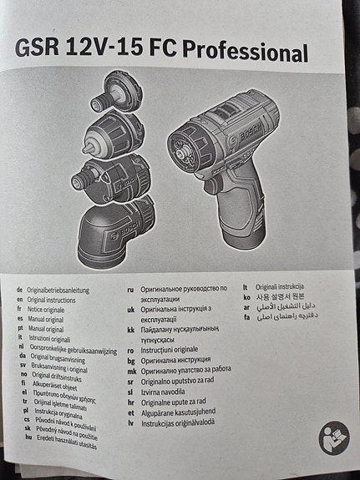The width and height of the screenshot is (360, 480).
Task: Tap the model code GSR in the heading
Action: pos(42,49)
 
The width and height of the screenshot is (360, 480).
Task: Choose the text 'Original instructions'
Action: pos(57,299)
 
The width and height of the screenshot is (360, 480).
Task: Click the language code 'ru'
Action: pos(130,290)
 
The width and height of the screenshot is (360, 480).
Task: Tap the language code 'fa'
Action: pos(248,317)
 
